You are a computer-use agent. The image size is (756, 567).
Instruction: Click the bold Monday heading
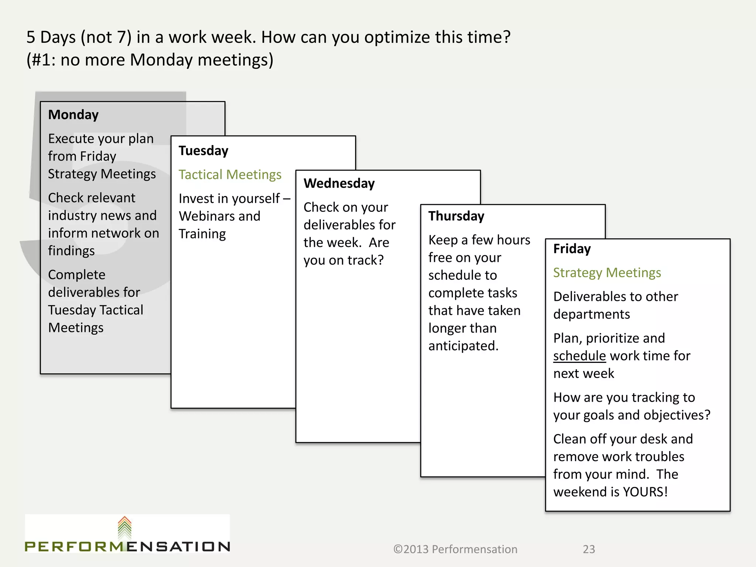73,115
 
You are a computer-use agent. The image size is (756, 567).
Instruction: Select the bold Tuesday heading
203,151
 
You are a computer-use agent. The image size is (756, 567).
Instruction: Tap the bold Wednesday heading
339,183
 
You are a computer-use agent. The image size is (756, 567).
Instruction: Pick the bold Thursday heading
456,216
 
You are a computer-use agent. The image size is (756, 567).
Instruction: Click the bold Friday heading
572,249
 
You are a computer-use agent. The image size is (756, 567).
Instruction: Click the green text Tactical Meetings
230,175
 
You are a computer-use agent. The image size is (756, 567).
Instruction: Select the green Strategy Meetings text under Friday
607,273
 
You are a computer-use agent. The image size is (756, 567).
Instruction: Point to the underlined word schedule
579,356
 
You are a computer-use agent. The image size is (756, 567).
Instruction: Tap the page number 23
589,549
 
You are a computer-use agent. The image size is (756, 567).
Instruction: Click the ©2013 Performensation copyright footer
455,549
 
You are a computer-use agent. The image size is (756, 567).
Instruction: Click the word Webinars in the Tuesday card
207,216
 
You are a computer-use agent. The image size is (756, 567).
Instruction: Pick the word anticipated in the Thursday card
463,346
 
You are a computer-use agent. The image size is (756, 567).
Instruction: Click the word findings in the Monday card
71,251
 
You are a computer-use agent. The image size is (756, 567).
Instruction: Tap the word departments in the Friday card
591,315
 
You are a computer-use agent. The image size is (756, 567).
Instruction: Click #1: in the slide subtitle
42,60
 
